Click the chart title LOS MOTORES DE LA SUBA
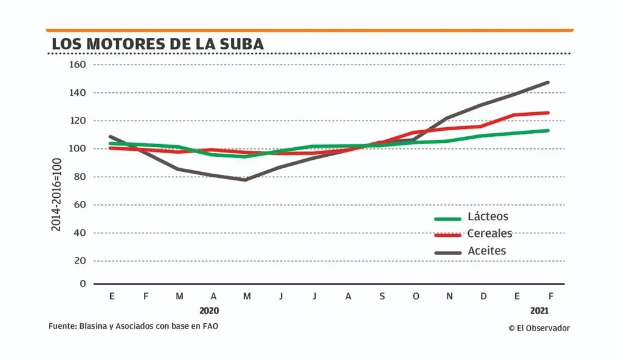(158, 44)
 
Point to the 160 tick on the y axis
(78, 65)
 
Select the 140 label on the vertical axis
(78, 93)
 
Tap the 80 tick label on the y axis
(81, 177)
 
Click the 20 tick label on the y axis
(81, 261)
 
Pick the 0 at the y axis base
(83, 283)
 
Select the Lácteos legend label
(488, 216)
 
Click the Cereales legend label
(490, 233)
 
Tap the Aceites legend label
(487, 250)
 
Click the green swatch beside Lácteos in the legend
(448, 219)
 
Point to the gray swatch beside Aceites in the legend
(448, 253)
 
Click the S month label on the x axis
(381, 296)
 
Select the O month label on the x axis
(415, 296)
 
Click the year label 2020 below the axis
(210, 311)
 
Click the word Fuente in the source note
(61, 326)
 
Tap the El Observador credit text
(539, 327)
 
